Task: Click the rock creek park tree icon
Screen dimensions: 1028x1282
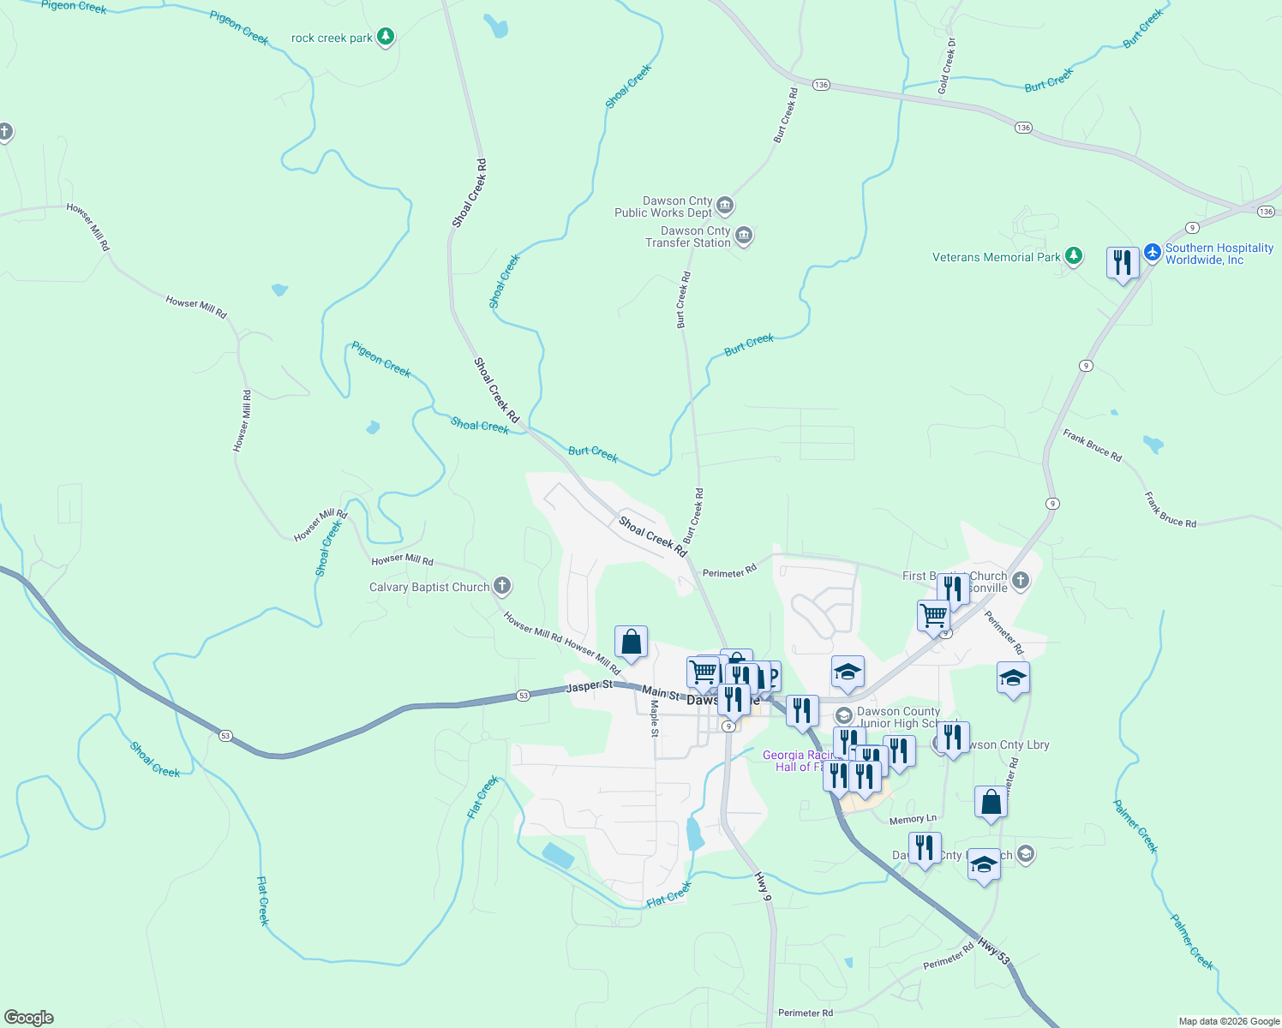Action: tap(386, 37)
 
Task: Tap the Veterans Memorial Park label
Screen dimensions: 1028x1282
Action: tap(996, 257)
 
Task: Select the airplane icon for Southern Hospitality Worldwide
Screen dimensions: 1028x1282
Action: tap(1153, 253)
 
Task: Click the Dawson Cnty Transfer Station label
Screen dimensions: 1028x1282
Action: tap(688, 237)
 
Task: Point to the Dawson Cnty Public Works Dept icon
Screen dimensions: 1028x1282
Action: tap(725, 205)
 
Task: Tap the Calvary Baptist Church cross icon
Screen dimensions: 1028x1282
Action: tap(502, 586)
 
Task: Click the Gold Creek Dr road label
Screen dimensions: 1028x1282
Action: tap(947, 66)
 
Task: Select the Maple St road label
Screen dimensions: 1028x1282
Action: tap(655, 718)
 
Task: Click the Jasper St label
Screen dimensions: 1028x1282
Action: tap(590, 686)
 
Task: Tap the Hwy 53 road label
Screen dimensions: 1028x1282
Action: tap(993, 949)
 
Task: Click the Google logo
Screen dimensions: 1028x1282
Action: tap(29, 1017)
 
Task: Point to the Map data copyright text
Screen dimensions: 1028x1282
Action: tap(1229, 1021)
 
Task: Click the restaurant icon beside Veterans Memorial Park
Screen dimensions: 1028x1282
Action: tap(1123, 261)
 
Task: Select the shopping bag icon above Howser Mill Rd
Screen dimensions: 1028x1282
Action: tap(631, 642)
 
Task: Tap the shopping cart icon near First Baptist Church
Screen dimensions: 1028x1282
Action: tap(933, 614)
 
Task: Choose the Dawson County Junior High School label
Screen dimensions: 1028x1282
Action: tap(898, 717)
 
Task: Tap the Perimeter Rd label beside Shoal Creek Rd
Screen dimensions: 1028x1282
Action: tap(729, 571)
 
